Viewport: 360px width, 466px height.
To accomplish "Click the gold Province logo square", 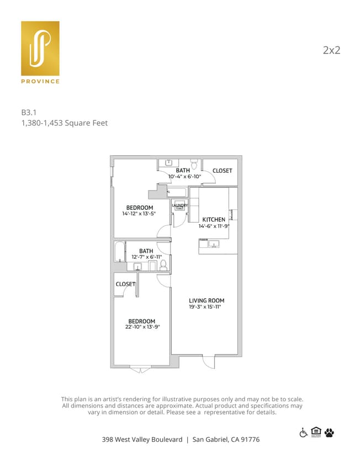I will click(x=40, y=49).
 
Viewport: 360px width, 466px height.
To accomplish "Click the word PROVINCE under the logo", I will click(x=40, y=82).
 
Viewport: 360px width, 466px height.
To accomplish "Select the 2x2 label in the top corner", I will click(x=331, y=50).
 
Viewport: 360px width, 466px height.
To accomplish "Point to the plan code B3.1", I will click(x=29, y=112).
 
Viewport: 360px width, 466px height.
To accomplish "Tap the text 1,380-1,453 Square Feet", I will click(x=64, y=123).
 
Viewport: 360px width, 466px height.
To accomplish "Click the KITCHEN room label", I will click(x=214, y=219).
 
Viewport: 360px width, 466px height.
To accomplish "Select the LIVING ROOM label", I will click(x=207, y=300).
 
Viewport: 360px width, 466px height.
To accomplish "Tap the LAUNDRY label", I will click(x=180, y=205).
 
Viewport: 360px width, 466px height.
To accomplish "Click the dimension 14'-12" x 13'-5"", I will click(x=139, y=214).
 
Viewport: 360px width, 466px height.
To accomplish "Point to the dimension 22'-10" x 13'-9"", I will click(x=142, y=327).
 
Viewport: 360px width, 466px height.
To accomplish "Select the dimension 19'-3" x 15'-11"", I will click(x=205, y=307).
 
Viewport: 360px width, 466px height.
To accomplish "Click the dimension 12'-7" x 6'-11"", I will click(x=146, y=257).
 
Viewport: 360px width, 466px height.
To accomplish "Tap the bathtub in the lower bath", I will click(x=120, y=252).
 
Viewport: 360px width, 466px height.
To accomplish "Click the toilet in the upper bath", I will click(x=194, y=164).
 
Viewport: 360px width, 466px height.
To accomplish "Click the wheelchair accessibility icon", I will click(x=303, y=432).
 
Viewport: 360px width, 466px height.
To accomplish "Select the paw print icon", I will click(x=330, y=432).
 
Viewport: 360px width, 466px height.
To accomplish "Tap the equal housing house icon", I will click(x=316, y=432).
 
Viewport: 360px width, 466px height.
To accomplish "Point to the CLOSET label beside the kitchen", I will click(x=222, y=171).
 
